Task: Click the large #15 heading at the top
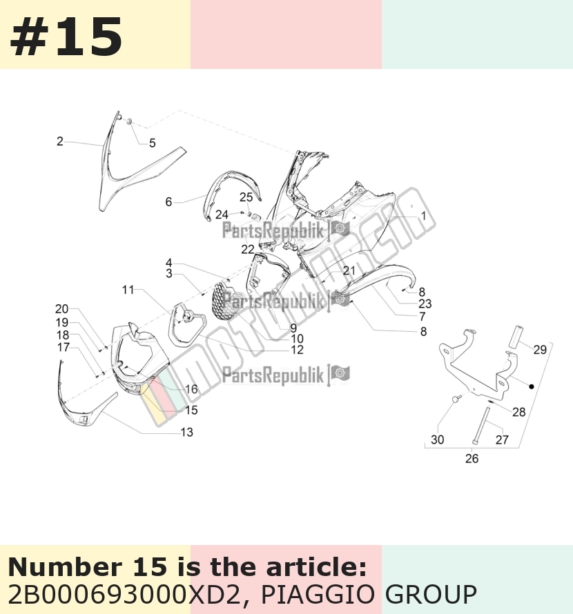tap(66, 37)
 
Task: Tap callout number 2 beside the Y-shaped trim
tap(59, 141)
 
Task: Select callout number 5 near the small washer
tap(153, 143)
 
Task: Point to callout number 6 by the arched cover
tap(168, 201)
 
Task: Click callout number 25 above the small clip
tap(246, 197)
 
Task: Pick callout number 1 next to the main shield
tap(423, 216)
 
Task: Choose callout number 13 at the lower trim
tap(187, 432)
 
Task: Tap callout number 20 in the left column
tap(62, 309)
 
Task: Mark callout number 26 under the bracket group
tap(472, 458)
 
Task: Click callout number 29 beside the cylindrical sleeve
tap(540, 349)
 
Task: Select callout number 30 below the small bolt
tap(438, 439)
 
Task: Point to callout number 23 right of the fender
tap(425, 304)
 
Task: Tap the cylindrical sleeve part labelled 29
tap(516, 336)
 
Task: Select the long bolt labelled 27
tap(482, 426)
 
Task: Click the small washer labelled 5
tap(128, 122)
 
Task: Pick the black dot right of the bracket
tap(532, 386)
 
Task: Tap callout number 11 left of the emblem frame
tap(128, 290)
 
